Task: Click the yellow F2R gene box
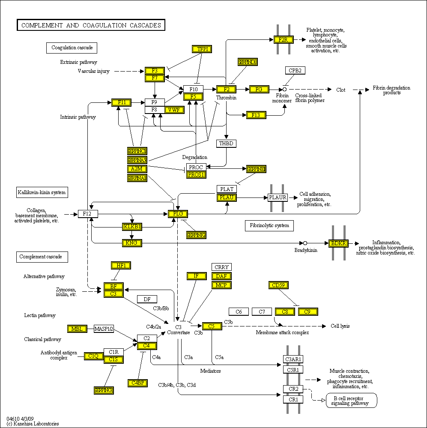click(x=283, y=40)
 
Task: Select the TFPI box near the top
click(x=202, y=49)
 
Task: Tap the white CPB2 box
click(x=295, y=70)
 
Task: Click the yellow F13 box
click(x=256, y=115)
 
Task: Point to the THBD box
click(x=226, y=144)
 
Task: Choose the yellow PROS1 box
click(x=196, y=174)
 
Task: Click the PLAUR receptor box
click(x=278, y=198)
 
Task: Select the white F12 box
click(x=88, y=213)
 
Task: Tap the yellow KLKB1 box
click(x=132, y=226)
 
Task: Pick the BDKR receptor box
click(x=338, y=243)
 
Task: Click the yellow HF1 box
click(x=120, y=265)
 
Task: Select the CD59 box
click(x=278, y=285)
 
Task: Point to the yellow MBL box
click(x=77, y=329)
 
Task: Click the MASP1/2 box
click(x=104, y=329)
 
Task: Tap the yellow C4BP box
click(x=137, y=383)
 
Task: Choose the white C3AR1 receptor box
click(x=293, y=359)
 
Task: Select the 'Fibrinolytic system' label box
click(x=269, y=225)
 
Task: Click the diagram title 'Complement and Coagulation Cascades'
click(x=91, y=25)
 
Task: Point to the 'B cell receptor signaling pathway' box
click(x=351, y=400)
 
